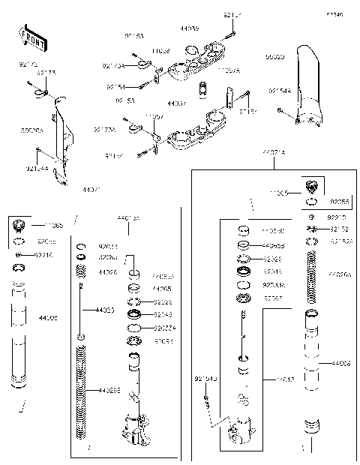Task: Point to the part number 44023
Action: tap(106, 310)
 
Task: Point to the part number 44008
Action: tap(341, 363)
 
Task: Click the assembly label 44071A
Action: tap(273, 152)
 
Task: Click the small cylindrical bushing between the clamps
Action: tap(202, 90)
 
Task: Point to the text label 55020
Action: tap(274, 56)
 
